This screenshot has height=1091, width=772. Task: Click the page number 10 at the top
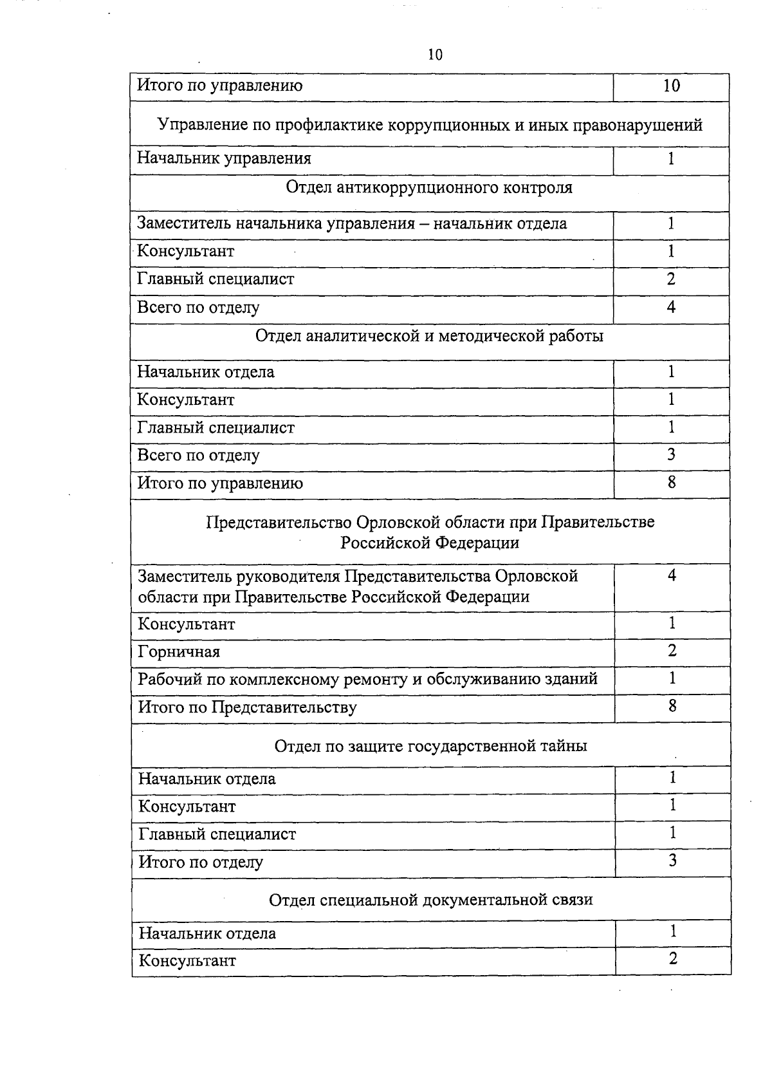[x=435, y=55]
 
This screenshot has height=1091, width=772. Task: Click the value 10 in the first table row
[x=671, y=86]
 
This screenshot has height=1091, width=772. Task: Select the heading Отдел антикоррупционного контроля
[x=429, y=188]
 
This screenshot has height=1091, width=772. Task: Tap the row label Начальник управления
[x=224, y=158]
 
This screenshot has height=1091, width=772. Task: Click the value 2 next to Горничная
[x=672, y=651]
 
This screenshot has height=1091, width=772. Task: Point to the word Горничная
[x=179, y=652]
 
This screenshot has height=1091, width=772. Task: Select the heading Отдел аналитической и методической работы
[x=429, y=336]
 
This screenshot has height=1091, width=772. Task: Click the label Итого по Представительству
[x=247, y=707]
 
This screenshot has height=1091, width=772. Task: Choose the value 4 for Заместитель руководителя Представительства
[x=672, y=575]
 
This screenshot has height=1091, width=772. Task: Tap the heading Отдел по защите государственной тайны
[x=430, y=746]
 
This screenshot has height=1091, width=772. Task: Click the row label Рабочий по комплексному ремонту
[x=367, y=679]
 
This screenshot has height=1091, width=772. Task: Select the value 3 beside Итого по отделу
[x=672, y=861]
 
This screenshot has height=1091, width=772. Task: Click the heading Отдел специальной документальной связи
[x=430, y=899]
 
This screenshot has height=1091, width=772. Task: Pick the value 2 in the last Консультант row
[x=673, y=959]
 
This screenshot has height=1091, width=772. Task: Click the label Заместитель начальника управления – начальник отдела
[x=352, y=224]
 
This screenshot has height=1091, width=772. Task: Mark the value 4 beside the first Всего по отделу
[x=671, y=307]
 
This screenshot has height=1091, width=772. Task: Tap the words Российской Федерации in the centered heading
[x=430, y=543]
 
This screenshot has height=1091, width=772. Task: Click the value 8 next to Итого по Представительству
[x=672, y=706]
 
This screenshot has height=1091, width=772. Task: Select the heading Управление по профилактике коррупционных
[x=430, y=125]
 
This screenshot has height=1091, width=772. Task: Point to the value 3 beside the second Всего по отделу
[x=671, y=455]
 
